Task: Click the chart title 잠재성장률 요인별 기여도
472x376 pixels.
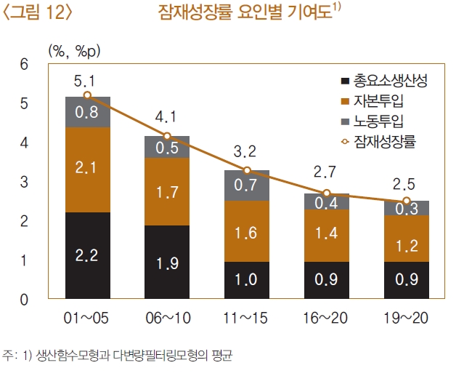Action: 245,12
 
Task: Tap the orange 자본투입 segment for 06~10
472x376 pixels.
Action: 167,192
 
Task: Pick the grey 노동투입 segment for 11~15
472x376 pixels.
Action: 247,185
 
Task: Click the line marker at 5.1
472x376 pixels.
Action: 88,95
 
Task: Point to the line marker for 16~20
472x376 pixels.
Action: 327,193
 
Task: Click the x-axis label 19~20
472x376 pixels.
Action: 407,319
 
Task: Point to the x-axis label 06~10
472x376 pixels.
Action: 167,319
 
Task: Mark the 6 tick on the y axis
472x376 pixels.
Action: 24,64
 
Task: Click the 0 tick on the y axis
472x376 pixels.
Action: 24,300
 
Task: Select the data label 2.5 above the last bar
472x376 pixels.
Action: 406,183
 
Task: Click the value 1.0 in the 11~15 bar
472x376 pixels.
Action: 247,279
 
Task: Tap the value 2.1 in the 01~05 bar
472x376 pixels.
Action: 88,168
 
